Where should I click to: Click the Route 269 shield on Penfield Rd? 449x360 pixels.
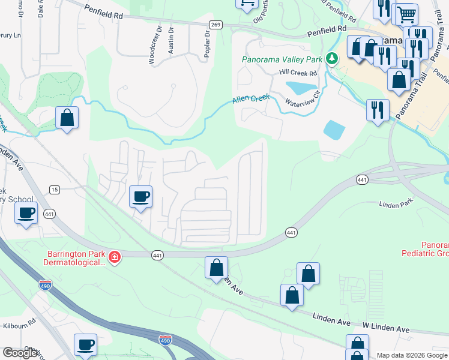point(216,24)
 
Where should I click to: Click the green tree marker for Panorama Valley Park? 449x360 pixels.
point(331,59)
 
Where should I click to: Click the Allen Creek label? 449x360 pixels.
point(252,100)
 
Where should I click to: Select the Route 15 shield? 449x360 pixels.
point(55,190)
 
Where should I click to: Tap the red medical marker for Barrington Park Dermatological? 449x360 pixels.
point(114,258)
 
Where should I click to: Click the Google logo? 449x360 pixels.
point(20,353)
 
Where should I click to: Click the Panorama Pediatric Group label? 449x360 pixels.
point(425,250)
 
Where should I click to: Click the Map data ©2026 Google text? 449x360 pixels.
point(412,355)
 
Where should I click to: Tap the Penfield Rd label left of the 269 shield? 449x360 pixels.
point(103,14)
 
